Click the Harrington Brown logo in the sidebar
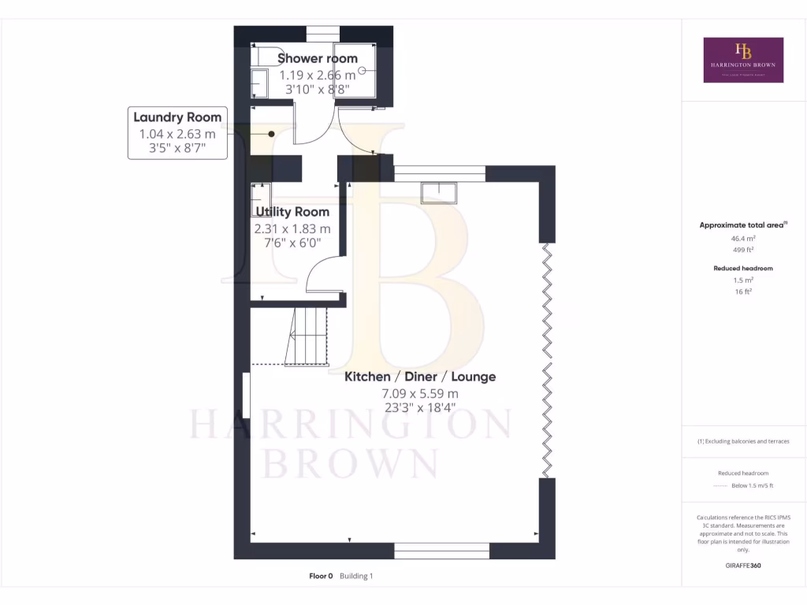pos(743,60)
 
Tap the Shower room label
pos(317,58)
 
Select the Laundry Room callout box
pos(177,132)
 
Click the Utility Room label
pos(292,212)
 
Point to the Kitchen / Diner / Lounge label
pos(420,377)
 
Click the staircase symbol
pos(307,336)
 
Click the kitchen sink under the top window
pos(439,192)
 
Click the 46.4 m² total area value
pos(743,237)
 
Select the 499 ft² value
pos(743,249)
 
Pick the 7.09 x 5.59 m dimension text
pos(420,393)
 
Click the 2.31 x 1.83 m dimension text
pos(292,228)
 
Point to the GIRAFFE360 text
pos(743,566)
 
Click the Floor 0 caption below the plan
pos(322,577)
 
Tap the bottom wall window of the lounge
pos(441,551)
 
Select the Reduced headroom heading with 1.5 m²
pos(743,268)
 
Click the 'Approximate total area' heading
pos(742,225)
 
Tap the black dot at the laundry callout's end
pos(271,134)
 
